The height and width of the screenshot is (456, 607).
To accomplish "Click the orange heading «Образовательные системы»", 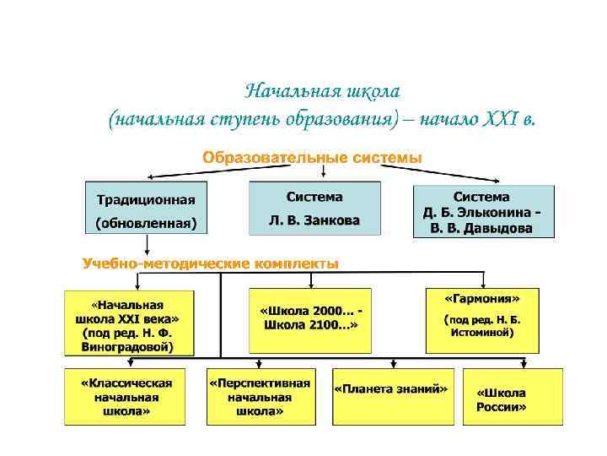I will pyautogui.click(x=312, y=159).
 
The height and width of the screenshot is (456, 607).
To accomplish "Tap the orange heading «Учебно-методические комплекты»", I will pyautogui.click(x=210, y=263).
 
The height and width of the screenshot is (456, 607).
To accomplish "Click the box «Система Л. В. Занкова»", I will pyautogui.click(x=314, y=209).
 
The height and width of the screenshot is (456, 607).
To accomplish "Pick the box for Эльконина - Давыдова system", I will pyautogui.click(x=483, y=211).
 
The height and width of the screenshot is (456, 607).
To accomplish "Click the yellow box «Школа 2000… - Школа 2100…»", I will pyautogui.click(x=311, y=319).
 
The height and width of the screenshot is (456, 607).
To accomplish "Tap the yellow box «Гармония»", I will pyautogui.click(x=482, y=321).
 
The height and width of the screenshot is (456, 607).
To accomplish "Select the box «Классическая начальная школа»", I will pyautogui.click(x=126, y=395).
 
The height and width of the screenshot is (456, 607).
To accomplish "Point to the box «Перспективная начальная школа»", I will pyautogui.click(x=260, y=395).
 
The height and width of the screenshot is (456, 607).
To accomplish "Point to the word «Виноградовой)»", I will pyautogui.click(x=129, y=345).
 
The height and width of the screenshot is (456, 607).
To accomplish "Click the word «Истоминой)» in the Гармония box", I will pyautogui.click(x=482, y=333).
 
